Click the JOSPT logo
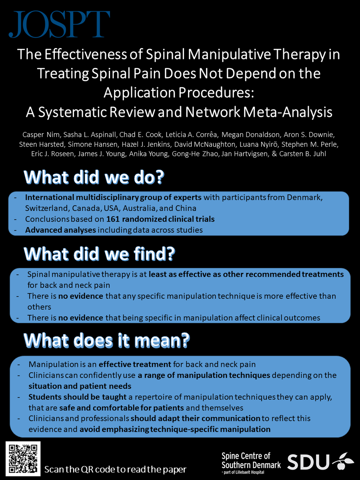[60, 24]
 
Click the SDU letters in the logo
[308, 462]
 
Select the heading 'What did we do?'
[94, 178]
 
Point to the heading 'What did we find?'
[100, 254]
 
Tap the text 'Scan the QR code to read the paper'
[116, 469]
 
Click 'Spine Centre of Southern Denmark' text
[251, 460]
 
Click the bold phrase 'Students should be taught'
[74, 398]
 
